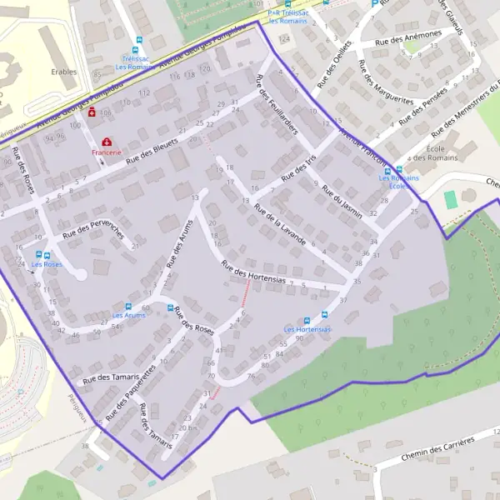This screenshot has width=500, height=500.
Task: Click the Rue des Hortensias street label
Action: point(252,273)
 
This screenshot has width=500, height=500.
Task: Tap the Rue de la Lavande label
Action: point(279,224)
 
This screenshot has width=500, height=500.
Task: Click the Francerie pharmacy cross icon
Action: point(107,142)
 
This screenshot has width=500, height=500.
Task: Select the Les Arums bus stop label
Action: point(128,316)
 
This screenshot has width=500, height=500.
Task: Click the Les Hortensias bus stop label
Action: point(307,330)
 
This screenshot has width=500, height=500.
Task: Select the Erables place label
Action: point(63,72)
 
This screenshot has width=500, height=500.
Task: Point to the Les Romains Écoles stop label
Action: point(398,182)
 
